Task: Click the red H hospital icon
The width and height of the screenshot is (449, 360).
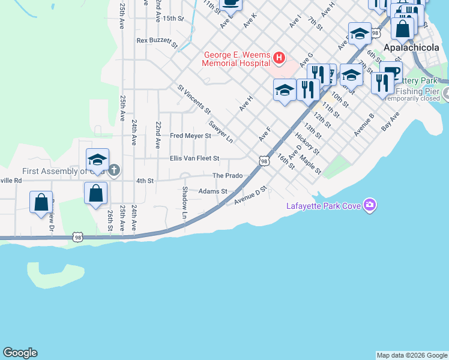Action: (x=279, y=58)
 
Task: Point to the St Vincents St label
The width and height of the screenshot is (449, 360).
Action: (x=194, y=99)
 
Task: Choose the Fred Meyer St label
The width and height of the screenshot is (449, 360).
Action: (x=190, y=136)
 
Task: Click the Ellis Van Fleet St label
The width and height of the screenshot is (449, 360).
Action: (x=194, y=158)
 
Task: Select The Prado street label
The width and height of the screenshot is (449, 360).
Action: (x=228, y=175)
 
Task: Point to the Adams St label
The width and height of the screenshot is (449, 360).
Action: (x=213, y=191)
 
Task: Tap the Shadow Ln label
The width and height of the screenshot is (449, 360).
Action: (x=185, y=202)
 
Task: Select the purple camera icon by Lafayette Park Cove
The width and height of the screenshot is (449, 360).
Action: (x=370, y=206)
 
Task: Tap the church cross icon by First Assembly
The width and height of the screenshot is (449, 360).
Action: (x=114, y=170)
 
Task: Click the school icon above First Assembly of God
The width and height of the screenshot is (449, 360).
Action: (x=97, y=160)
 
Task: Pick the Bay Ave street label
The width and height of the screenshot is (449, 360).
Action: (x=390, y=122)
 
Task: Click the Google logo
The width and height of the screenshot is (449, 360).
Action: (x=20, y=353)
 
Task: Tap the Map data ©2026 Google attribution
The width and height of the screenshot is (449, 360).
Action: (x=411, y=355)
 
